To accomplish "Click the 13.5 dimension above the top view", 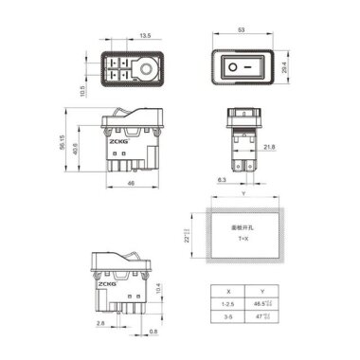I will [145, 35].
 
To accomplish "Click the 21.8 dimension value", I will [270, 148].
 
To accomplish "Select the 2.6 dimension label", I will [99, 323].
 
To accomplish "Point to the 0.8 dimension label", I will [155, 332].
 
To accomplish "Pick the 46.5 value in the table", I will [263, 304].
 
